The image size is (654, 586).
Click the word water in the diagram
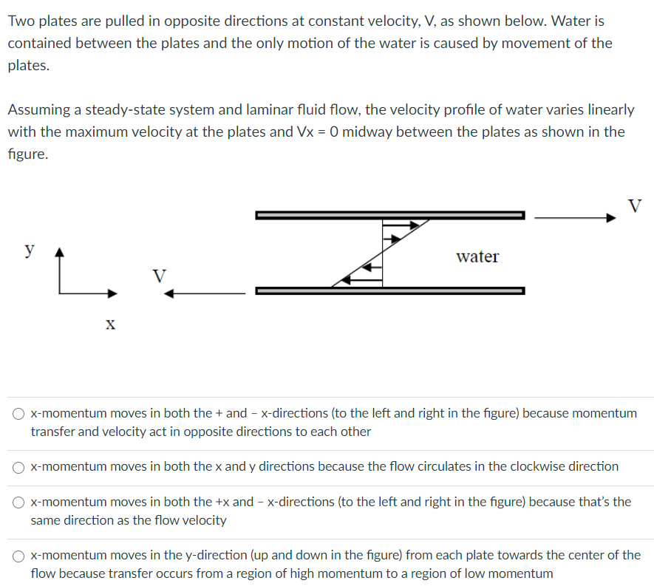pos(477,256)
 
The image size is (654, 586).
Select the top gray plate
pos(389,215)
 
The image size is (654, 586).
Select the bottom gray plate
pos(389,290)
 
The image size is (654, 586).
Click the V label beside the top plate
pos(634,204)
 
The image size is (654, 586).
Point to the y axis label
pos(30,249)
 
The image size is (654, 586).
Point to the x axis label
pos(110,324)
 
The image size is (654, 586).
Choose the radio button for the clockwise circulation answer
pos(19,467)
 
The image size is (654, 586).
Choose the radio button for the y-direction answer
pos(19,556)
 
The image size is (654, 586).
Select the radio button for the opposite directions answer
pos(19,414)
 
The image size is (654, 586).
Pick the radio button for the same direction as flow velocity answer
pos(19,502)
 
